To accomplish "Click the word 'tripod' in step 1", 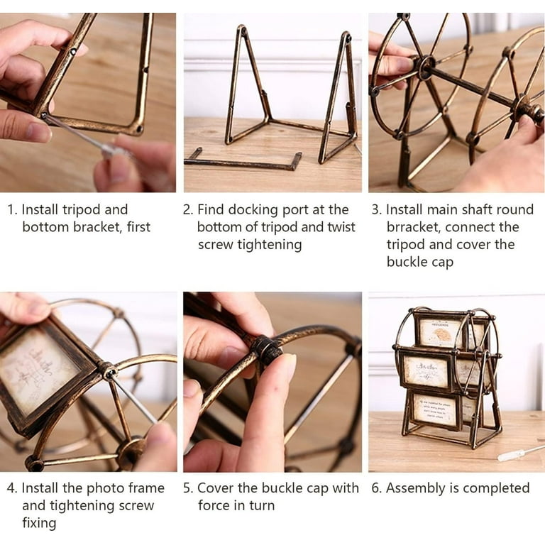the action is [82, 210].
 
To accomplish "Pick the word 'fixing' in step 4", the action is [39, 523].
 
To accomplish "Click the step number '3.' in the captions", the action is [377, 210].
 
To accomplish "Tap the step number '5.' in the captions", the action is [188, 488].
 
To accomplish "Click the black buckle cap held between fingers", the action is [266, 348].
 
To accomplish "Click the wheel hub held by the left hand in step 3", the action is [426, 66].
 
